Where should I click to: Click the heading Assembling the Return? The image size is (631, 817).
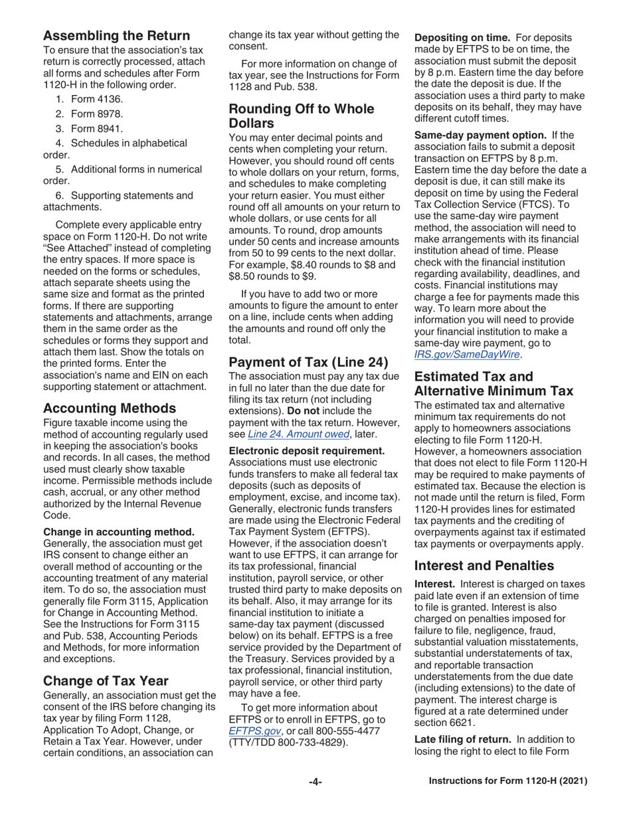click(116, 35)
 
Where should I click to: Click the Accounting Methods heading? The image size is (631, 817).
click(109, 408)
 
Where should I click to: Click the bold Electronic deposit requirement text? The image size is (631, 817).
click(306, 451)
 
